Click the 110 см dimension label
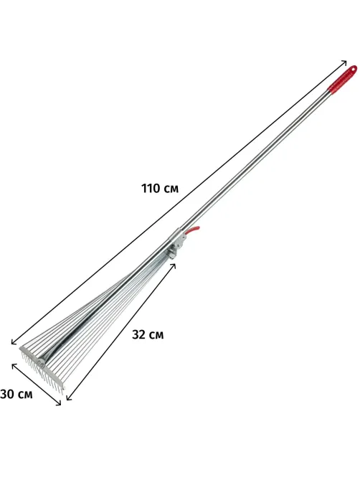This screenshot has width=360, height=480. (160, 189)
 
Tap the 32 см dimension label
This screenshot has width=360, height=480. (148, 335)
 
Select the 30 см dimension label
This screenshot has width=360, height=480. (16, 395)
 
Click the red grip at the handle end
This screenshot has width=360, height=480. (343, 79)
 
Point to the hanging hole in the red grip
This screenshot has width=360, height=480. (354, 69)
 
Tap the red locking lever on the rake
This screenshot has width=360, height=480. (192, 230)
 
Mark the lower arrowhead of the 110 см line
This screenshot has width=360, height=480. (14, 342)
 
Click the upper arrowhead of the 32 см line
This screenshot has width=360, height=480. (174, 265)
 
